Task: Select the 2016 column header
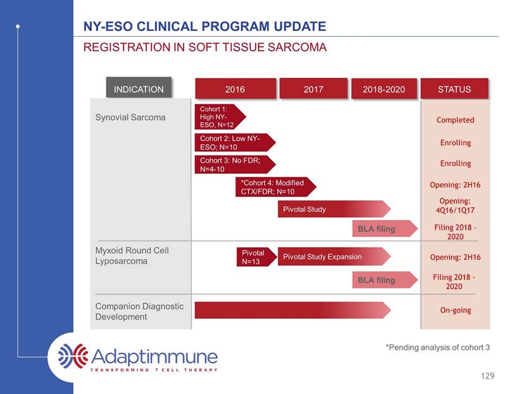(235, 89)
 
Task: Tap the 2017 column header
(313, 89)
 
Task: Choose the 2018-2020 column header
(384, 89)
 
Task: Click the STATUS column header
(454, 89)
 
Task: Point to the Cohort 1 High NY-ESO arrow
(220, 116)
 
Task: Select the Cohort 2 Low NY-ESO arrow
(235, 142)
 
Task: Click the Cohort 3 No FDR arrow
(235, 164)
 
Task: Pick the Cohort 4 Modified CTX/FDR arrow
(275, 187)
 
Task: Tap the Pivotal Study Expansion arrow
(334, 257)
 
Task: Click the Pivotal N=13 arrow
(256, 257)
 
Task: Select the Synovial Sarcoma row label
(130, 117)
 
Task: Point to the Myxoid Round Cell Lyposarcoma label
(132, 255)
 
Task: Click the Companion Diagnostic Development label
(139, 311)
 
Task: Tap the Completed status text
(455, 120)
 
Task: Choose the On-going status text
(455, 311)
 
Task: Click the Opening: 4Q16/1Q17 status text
(455, 206)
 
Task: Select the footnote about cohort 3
(437, 347)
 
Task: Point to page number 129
(487, 376)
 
